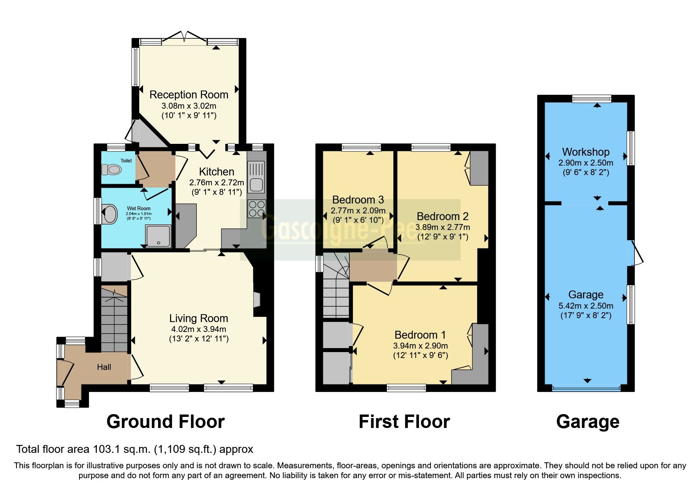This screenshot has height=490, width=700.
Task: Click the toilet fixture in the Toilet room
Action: click(x=111, y=170)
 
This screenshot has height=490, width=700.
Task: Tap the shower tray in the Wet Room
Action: click(x=158, y=236)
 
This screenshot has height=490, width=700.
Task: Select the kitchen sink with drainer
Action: click(x=256, y=177)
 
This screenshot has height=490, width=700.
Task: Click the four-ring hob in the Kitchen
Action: click(x=257, y=209)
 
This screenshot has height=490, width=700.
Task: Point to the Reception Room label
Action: click(x=189, y=95)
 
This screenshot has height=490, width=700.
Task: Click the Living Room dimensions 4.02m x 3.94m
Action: click(x=198, y=329)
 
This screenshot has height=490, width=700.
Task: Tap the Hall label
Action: click(x=104, y=367)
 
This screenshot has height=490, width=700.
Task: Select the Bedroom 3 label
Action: click(x=358, y=200)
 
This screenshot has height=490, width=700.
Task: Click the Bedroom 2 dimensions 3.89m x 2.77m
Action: click(x=443, y=227)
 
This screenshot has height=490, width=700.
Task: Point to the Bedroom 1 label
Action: click(x=420, y=335)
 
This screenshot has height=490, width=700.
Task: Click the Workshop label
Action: click(x=586, y=152)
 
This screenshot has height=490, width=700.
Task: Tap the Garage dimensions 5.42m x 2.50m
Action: click(x=586, y=306)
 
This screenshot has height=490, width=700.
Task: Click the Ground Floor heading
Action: click(x=166, y=422)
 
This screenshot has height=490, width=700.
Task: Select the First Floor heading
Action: click(x=404, y=422)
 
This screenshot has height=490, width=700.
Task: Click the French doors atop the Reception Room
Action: click(x=184, y=37)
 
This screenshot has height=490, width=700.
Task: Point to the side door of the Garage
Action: click(x=636, y=253)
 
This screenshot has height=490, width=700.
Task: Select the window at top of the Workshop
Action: click(x=592, y=99)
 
